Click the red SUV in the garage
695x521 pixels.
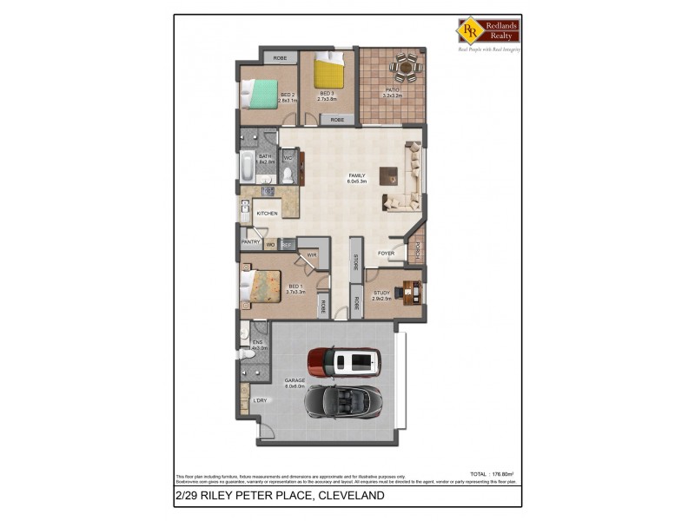(343, 361)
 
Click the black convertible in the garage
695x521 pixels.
(345, 401)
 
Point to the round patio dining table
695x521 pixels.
(406, 65)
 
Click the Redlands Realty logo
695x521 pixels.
(489, 31)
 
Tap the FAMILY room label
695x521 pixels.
(357, 176)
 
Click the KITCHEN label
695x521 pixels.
(267, 213)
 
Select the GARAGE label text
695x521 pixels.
(295, 380)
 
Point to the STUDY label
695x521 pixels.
(382, 293)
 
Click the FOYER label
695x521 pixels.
(386, 254)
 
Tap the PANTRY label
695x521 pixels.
(251, 242)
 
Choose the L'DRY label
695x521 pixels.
(259, 400)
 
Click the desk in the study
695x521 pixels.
(409, 289)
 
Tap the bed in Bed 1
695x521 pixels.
(261, 284)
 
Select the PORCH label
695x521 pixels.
(418, 250)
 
